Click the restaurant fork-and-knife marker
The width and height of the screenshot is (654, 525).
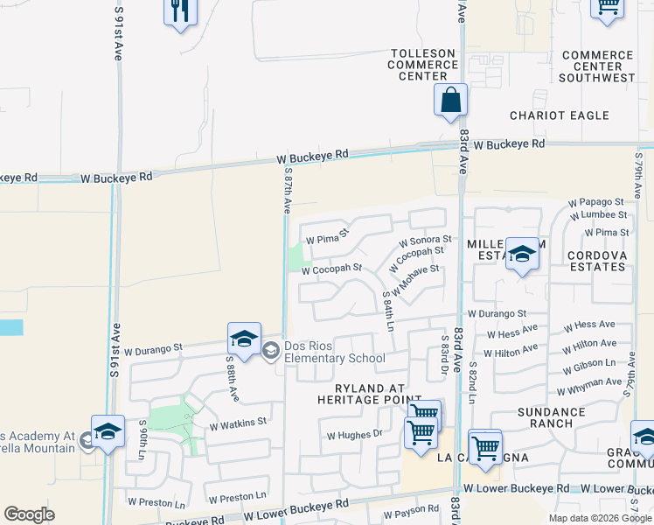click(x=180, y=11)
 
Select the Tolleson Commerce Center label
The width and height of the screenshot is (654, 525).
click(x=422, y=65)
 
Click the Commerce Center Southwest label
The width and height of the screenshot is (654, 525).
click(x=598, y=66)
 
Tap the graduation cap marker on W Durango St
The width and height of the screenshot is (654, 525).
click(x=244, y=339)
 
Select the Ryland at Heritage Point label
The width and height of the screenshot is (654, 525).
click(x=361, y=393)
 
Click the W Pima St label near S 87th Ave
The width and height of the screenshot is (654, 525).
click(x=326, y=236)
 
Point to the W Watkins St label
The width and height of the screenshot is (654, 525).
click(x=237, y=422)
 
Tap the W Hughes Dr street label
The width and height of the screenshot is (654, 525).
click(x=355, y=433)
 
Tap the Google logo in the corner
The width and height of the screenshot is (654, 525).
click(x=29, y=514)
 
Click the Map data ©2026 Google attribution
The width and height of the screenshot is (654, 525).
click(x=600, y=518)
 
